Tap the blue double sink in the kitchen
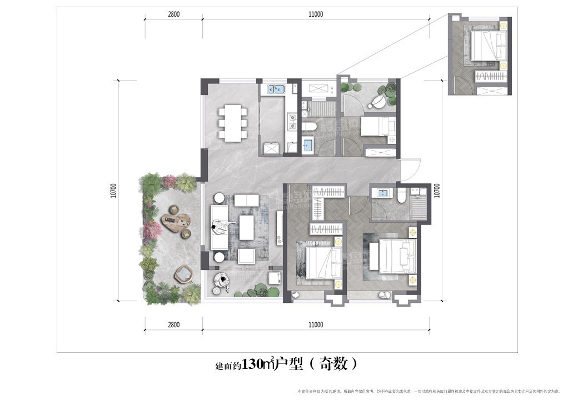[276, 89]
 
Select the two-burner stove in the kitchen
[291, 122]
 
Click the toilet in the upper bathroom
[310, 127]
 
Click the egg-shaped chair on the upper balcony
[377, 102]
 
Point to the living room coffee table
[247, 227]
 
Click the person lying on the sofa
[222, 225]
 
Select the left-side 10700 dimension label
[113, 191]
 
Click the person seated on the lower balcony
[223, 281]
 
